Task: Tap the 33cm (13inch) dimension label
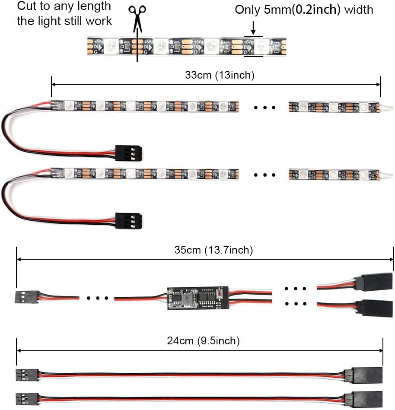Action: (220, 75)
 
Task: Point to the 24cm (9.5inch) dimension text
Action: (203, 341)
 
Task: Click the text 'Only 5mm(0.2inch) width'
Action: (304, 10)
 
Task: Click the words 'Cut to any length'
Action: (64, 6)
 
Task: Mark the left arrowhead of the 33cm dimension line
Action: (54, 84)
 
